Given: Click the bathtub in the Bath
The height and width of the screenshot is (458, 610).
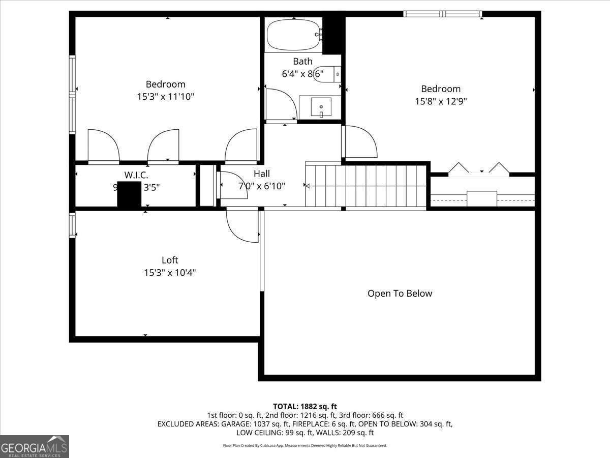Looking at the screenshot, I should [293, 35].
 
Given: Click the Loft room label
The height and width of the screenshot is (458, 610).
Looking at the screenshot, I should [170, 260].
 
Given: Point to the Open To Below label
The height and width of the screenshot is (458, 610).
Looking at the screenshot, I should [400, 294].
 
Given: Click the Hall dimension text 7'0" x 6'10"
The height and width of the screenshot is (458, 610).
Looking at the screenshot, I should [261, 186].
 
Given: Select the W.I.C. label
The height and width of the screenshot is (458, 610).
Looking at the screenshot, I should [136, 175].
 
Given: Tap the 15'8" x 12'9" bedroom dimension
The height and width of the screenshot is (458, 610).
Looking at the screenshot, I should [441, 101].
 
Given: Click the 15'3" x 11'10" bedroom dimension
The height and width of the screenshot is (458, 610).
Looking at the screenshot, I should [166, 97].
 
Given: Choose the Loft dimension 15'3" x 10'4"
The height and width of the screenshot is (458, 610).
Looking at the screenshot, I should [170, 273].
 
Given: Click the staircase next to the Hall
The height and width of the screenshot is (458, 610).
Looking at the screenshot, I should [366, 186].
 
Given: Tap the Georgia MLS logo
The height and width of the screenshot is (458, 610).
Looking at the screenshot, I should [35, 446].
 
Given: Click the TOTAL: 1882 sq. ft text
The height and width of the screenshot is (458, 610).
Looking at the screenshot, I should [305, 406].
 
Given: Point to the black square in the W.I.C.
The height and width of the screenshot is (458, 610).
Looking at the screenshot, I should [129, 194].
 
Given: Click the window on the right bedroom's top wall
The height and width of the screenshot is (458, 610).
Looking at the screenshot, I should [442, 14].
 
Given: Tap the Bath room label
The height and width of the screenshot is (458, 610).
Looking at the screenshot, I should [302, 62].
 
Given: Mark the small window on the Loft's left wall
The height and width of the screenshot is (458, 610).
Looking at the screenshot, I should [72, 225].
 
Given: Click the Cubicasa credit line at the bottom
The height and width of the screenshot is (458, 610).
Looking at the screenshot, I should [305, 445].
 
